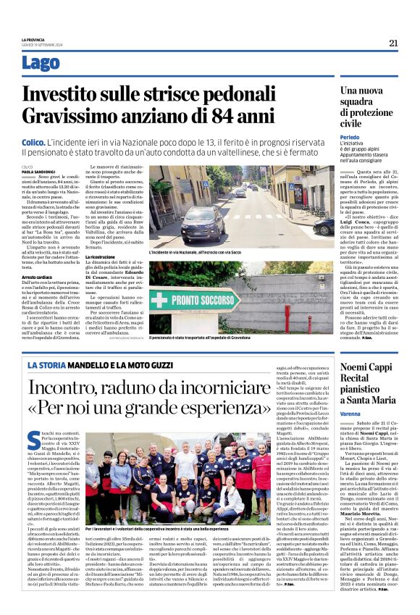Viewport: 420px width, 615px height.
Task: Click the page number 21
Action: click(x=392, y=43)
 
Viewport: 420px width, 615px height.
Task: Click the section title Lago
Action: click(x=41, y=64)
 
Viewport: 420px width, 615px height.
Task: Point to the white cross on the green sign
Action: click(x=160, y=300)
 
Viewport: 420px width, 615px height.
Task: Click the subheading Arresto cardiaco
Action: click(x=37, y=276)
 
